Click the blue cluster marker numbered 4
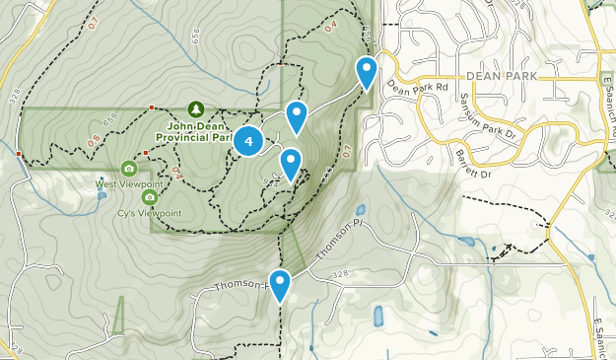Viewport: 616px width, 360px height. (248, 141)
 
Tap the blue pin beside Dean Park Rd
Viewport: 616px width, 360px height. (367, 70)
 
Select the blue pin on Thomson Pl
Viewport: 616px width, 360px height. (280, 285)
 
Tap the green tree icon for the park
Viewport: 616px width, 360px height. (195, 108)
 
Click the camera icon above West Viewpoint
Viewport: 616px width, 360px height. (129, 169)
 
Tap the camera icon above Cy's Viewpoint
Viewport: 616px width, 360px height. (150, 197)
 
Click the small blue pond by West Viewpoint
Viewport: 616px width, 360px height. (103, 195)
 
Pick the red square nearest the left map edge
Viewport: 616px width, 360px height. (20, 154)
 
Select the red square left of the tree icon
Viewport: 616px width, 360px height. (151, 108)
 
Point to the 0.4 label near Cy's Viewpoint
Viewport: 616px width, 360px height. (176, 173)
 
